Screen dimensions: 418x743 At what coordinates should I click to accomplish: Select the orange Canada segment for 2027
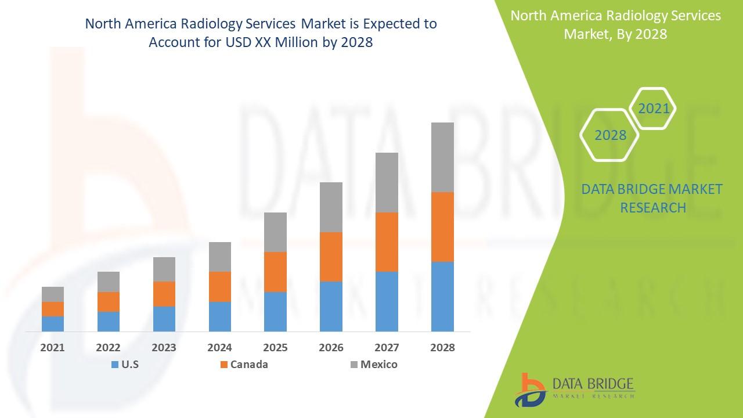pyautogui.click(x=387, y=242)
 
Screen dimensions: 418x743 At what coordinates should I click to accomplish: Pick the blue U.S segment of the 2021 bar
pyautogui.click(x=53, y=323)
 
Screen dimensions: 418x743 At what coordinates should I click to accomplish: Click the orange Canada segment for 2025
pyautogui.click(x=275, y=272)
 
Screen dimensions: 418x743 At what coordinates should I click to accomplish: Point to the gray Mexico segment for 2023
pyautogui.click(x=164, y=269)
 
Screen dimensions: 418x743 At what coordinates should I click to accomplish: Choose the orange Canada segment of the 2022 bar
pyautogui.click(x=109, y=302)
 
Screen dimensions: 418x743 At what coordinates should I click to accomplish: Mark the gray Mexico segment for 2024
pyautogui.click(x=219, y=257)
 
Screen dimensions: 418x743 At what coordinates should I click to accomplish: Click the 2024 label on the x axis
pyautogui.click(x=219, y=348)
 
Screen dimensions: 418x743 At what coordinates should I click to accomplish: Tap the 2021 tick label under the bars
pyautogui.click(x=53, y=348)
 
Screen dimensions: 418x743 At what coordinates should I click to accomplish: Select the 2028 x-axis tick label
pyautogui.click(x=442, y=348)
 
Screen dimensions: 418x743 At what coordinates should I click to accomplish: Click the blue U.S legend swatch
pyautogui.click(x=114, y=365)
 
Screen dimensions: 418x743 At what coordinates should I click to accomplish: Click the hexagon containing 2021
pyautogui.click(x=653, y=109)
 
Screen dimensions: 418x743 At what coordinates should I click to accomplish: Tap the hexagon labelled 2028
pyautogui.click(x=610, y=135)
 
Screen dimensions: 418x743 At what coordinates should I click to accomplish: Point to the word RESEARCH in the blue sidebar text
pyautogui.click(x=653, y=207)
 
